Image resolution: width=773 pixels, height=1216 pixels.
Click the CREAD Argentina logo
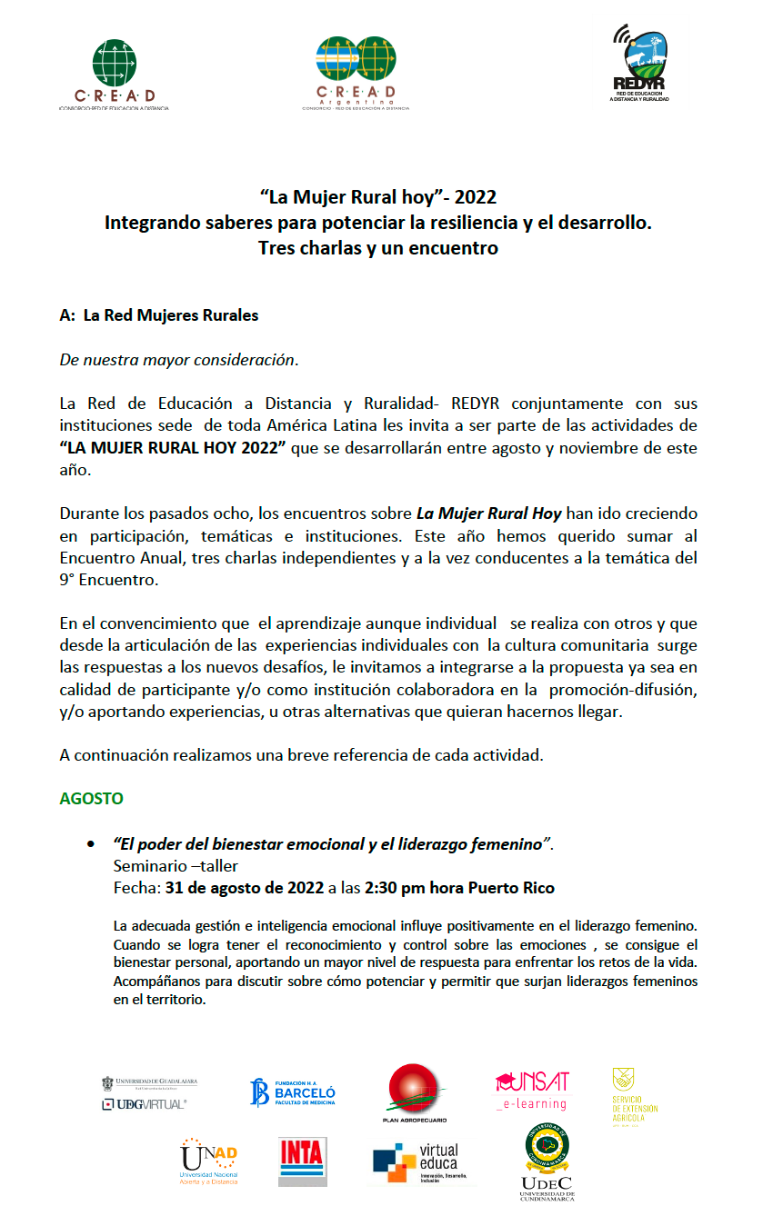tap(356, 73)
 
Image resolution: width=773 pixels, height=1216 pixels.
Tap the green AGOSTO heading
tap(91, 799)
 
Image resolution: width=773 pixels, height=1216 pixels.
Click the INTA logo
tap(303, 1161)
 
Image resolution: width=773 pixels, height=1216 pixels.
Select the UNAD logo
tap(209, 1161)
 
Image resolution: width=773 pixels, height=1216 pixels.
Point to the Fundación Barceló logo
tap(293, 1091)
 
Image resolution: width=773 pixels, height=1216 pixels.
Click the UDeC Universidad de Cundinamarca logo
tap(547, 1162)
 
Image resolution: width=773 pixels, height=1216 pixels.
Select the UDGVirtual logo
tap(149, 1093)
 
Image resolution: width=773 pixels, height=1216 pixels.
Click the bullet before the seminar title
tap(90, 844)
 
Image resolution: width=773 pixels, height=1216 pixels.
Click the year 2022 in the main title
tap(476, 197)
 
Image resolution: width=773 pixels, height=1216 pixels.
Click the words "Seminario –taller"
tap(176, 866)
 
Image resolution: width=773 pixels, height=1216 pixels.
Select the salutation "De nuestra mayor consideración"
tap(178, 359)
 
